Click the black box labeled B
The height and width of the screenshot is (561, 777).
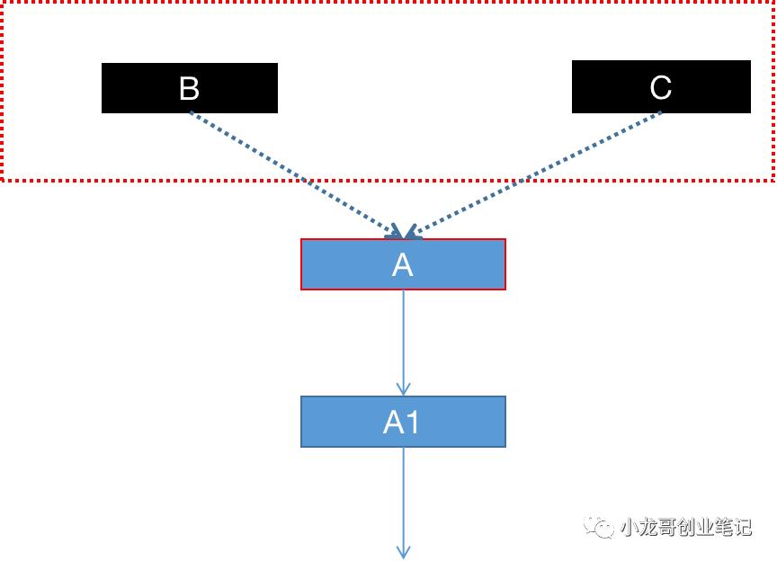click(x=144, y=88)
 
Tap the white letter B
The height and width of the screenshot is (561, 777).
click(x=189, y=88)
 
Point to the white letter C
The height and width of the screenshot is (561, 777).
click(x=660, y=87)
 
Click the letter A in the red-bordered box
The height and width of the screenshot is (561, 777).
click(x=403, y=264)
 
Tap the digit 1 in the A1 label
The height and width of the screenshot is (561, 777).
click(x=414, y=422)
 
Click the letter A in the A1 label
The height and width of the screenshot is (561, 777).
click(x=394, y=422)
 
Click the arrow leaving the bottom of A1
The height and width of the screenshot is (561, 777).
click(x=403, y=494)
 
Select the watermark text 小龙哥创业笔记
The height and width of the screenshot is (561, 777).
click(x=685, y=527)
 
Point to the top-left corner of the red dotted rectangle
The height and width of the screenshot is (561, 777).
click(x=2, y=3)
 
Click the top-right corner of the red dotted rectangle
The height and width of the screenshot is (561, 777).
click(x=773, y=3)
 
